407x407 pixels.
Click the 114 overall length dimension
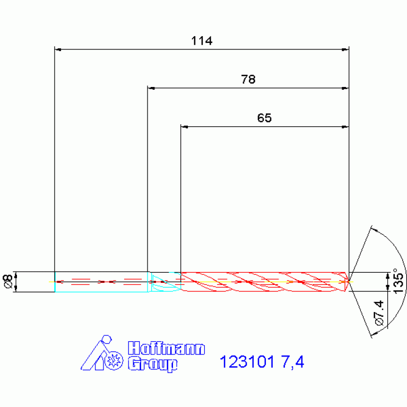click(202, 41)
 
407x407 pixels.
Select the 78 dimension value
click(248, 80)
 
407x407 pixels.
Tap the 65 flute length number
click(264, 118)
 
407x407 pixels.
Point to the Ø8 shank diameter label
click(7, 281)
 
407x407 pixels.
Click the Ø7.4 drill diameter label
click(379, 313)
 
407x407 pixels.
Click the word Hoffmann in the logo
click(167, 348)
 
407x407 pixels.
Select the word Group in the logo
click(153, 365)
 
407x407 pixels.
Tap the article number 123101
click(247, 361)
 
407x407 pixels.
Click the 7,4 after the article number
click(292, 362)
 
